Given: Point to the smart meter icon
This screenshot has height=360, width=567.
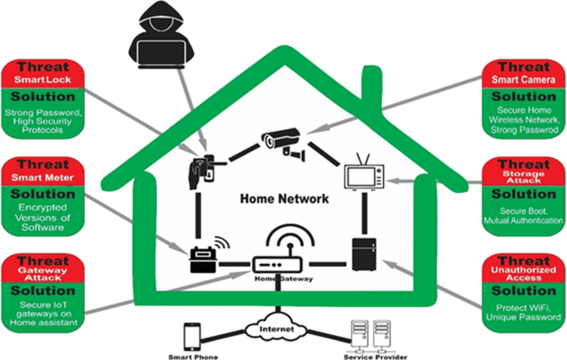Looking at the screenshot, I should point(199,257).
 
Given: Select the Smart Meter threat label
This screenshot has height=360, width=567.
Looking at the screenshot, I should point(44,176).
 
